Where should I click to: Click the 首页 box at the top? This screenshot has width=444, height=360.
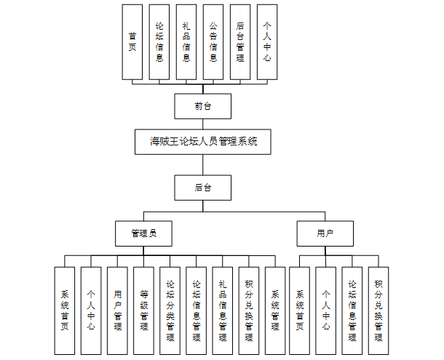[132, 41]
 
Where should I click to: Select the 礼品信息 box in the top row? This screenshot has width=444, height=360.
[186, 41]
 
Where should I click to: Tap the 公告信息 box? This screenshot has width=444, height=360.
[213, 41]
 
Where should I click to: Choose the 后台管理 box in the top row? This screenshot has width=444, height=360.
[240, 41]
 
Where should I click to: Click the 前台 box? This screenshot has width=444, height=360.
[203, 106]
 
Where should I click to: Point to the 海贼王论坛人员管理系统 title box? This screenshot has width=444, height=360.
[203, 142]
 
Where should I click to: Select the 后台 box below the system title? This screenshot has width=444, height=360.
[203, 187]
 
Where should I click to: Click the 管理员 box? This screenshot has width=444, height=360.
[143, 233]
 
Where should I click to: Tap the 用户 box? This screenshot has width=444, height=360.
[325, 233]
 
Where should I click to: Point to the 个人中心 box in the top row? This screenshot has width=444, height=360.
[267, 41]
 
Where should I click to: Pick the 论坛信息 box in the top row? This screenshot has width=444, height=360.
[159, 41]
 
